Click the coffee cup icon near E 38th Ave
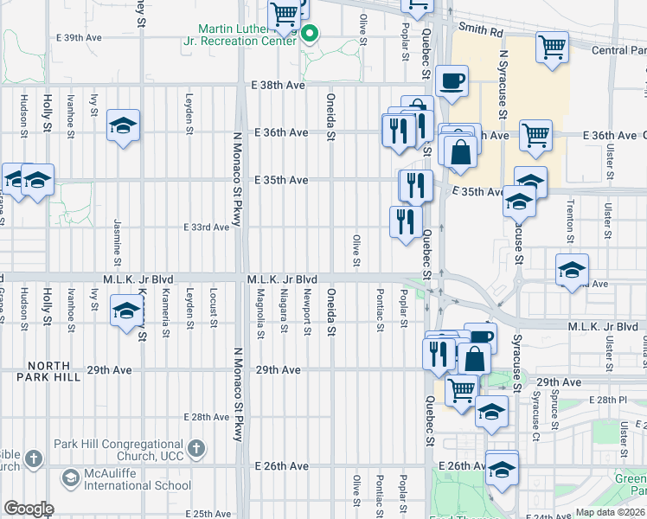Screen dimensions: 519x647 tap(452, 83)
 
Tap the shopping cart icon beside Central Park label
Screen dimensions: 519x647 tap(552, 48)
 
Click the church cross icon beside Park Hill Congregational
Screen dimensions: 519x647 tap(196, 448)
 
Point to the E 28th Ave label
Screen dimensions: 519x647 tap(207, 417)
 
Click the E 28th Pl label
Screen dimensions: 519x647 tap(612, 400)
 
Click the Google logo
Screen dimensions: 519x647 tap(29, 508)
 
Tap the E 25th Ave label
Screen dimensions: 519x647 tap(207, 514)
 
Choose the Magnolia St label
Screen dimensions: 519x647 tap(260, 315)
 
